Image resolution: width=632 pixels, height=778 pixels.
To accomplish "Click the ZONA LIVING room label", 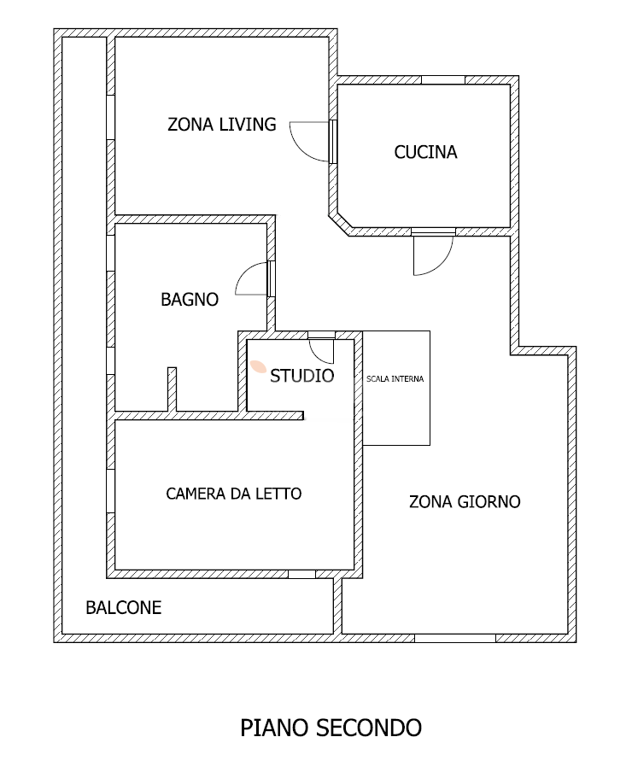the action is [222, 124].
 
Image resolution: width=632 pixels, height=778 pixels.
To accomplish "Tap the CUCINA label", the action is [425, 152].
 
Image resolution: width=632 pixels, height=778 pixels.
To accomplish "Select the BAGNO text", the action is [190, 299].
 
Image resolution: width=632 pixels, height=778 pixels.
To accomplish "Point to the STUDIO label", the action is [302, 376].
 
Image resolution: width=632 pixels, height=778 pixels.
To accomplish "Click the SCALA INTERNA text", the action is [395, 379].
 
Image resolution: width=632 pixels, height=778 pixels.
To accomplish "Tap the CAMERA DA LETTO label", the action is [234, 494].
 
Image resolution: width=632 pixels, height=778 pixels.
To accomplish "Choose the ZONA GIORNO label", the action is [465, 501].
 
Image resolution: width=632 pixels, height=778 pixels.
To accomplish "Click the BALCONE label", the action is [124, 608].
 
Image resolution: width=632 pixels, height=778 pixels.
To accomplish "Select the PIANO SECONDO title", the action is [331, 728].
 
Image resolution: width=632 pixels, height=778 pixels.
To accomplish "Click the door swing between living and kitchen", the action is [301, 149].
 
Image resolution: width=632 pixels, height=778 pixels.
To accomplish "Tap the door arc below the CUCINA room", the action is [443, 264].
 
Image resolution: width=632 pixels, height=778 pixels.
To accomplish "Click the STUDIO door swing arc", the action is [316, 354].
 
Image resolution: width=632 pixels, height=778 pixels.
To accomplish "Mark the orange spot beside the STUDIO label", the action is [258, 366].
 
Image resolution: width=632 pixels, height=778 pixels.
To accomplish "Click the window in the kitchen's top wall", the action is [443, 80].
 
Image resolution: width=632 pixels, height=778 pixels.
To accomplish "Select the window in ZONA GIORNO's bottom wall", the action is [455, 638].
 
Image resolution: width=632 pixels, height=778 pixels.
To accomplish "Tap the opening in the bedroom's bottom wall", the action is [301, 574].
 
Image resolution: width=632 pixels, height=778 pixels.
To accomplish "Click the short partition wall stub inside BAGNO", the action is [172, 389].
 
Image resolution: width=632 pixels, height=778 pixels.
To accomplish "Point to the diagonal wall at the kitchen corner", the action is [340, 224].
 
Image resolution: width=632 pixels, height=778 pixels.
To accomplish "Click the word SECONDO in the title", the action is [369, 728].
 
